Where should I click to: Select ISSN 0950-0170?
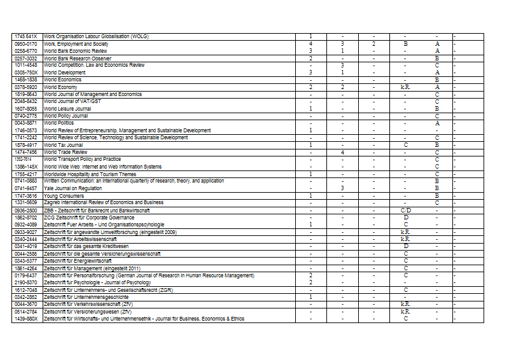tap(26, 44)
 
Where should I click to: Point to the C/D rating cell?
tap(405, 210)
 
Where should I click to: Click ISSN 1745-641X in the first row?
tap(26, 36)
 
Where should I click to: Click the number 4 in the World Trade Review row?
tap(342, 152)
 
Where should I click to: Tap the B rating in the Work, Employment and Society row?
tap(405, 44)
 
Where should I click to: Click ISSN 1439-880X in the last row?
tap(26, 319)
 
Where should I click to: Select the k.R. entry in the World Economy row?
tap(405, 87)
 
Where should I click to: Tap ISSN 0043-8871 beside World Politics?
tap(26, 123)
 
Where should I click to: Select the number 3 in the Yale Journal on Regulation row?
tap(342, 188)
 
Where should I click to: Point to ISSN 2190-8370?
tap(26, 282)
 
